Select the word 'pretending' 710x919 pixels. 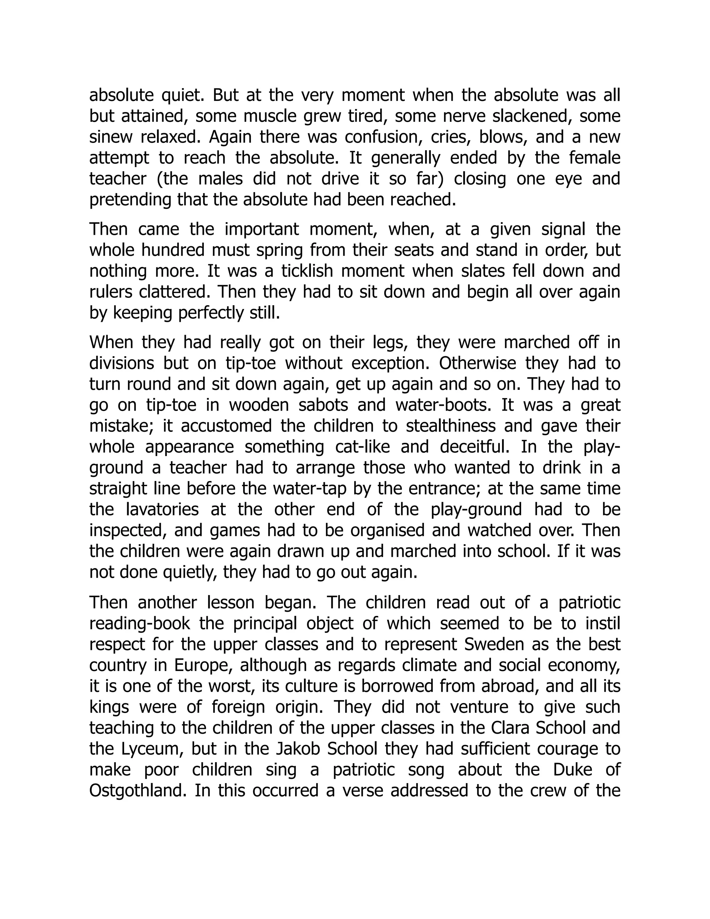click(x=130, y=200)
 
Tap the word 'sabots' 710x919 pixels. click(x=323, y=405)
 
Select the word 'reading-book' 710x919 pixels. click(x=140, y=623)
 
